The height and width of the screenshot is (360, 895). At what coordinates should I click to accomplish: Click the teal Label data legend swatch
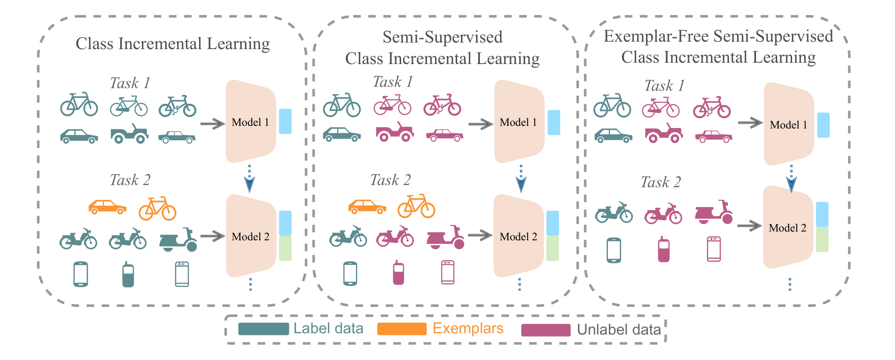click(x=263, y=329)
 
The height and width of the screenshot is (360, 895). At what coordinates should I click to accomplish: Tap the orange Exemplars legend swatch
click(x=401, y=329)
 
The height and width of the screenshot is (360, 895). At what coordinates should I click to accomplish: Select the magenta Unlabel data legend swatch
click(x=546, y=330)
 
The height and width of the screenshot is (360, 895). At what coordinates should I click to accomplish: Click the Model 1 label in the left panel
click(x=250, y=122)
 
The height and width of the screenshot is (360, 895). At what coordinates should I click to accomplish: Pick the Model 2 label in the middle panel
click(x=518, y=237)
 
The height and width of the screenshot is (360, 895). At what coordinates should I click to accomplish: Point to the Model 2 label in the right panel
click(x=787, y=228)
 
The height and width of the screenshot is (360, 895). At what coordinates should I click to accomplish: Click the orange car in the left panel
click(x=107, y=207)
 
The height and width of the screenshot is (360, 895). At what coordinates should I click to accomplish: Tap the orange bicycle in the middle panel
click(x=416, y=206)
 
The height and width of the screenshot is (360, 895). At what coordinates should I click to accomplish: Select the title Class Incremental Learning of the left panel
click(x=173, y=44)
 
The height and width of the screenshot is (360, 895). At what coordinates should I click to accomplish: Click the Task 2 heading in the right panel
click(x=661, y=182)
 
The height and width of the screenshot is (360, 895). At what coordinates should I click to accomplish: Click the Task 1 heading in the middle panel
click(x=393, y=82)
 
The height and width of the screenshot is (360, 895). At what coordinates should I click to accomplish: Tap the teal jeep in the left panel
click(x=129, y=134)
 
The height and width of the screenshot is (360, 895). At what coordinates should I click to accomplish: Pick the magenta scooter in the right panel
click(x=714, y=213)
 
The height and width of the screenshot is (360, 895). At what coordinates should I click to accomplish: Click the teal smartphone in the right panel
click(x=614, y=250)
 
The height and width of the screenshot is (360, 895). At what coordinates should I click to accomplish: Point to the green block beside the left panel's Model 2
click(x=285, y=249)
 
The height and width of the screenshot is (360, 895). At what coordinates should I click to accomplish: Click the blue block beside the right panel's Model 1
click(x=823, y=125)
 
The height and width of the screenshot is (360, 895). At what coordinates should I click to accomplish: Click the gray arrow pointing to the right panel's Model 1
click(x=750, y=123)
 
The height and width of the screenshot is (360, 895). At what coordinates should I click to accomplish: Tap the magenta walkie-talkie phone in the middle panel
click(x=398, y=273)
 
